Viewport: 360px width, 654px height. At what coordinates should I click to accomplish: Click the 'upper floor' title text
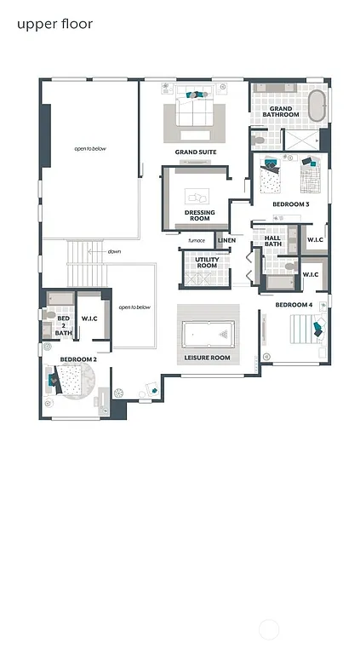(54, 24)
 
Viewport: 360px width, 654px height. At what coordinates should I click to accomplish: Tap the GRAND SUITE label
(196, 152)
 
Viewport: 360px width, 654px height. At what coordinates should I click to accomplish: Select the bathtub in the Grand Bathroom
(317, 106)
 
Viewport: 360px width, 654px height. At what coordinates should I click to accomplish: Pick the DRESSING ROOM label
(199, 215)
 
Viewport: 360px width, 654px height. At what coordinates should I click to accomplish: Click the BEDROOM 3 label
(290, 204)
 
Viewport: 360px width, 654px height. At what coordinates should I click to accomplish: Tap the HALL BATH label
(272, 241)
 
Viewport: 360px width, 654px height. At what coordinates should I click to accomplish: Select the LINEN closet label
(226, 240)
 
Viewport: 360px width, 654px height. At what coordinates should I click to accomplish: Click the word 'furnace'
(197, 240)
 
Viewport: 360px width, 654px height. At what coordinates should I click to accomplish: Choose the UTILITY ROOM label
(207, 263)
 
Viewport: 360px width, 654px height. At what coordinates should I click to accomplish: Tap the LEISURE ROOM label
(208, 358)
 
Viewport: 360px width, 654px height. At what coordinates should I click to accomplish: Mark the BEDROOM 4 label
(294, 304)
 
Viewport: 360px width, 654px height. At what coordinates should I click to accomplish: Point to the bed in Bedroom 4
(305, 328)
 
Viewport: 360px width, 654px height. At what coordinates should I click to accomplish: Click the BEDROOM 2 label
(78, 359)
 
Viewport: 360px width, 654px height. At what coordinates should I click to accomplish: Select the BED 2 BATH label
(64, 324)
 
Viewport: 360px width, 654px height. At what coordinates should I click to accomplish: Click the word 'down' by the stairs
(114, 252)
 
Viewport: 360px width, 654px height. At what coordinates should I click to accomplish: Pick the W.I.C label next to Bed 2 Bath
(89, 318)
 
